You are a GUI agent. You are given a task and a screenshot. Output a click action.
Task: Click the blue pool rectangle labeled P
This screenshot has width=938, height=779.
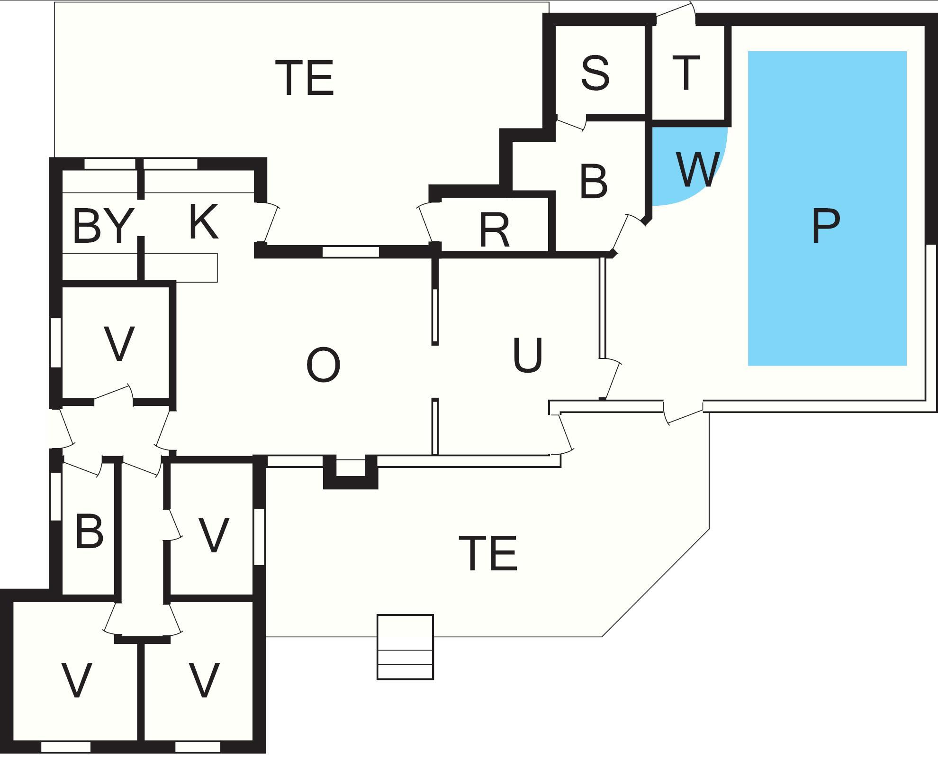pos(827,209)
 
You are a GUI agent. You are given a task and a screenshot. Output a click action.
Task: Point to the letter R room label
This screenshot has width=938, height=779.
pos(494,230)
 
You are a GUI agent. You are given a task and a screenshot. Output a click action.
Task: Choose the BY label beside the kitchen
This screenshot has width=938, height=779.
pos(101,227)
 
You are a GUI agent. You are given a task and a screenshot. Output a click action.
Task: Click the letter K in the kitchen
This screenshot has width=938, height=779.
pos(203,222)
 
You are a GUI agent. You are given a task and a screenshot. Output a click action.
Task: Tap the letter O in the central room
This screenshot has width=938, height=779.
pos(323,365)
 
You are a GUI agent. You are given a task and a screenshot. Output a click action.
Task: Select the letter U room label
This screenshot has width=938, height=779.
pos(527,355)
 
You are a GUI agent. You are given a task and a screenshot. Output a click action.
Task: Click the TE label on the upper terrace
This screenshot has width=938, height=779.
pos(305,78)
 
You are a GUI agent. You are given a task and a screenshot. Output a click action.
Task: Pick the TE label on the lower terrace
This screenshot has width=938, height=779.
pos(488,553)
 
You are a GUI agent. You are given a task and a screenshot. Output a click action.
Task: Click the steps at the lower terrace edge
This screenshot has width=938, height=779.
pos(405,647)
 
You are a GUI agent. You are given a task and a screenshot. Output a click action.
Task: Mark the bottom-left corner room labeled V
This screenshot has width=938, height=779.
pos(76,680)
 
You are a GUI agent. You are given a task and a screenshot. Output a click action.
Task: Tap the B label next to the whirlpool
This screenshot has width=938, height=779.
pos(593,182)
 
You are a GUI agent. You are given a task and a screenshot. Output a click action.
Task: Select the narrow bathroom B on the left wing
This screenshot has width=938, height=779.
pos(89,532)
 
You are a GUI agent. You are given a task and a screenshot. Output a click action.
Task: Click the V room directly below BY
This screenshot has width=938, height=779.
pos(118,344)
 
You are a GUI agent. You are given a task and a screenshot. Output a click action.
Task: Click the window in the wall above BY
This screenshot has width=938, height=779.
pos(109,164)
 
